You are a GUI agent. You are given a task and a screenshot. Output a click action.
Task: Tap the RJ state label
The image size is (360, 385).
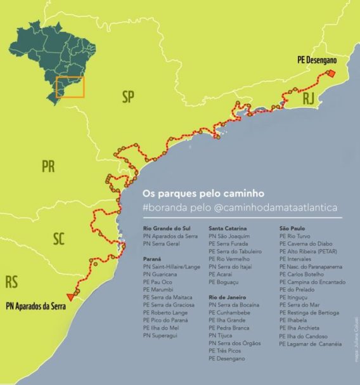point(308,98)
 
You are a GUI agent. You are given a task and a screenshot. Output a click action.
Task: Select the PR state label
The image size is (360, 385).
point(48,167)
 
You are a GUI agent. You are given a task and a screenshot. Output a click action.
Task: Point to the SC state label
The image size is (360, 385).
point(59,238)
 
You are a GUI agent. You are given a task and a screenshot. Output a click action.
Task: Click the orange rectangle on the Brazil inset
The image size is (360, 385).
point(70,87)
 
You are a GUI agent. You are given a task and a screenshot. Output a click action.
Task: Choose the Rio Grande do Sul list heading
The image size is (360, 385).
point(166,228)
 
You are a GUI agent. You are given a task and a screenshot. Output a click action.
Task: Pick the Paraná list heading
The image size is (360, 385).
point(153,259)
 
